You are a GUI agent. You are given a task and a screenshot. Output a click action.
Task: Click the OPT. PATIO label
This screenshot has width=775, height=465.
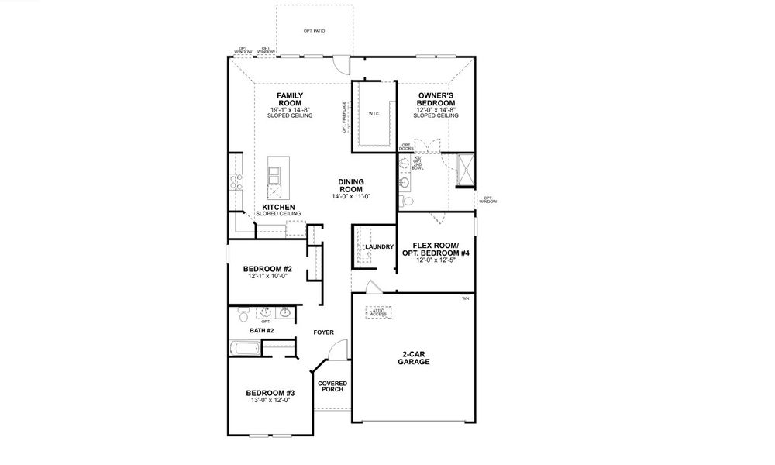314,30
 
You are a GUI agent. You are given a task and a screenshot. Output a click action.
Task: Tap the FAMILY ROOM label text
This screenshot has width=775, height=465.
291,98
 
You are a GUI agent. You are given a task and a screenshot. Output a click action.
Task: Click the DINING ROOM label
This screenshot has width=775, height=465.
352,186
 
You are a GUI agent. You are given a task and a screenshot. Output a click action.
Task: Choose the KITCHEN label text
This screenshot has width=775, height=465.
278,208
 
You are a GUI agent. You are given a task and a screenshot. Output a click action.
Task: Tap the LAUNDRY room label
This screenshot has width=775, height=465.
380,247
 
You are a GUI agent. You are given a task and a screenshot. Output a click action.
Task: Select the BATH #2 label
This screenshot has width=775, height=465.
260,331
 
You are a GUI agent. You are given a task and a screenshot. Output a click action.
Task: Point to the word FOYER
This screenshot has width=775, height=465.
323,332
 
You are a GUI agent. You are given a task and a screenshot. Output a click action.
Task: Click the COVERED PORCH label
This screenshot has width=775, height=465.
332,387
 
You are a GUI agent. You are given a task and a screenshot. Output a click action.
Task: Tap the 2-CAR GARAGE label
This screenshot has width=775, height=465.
414,357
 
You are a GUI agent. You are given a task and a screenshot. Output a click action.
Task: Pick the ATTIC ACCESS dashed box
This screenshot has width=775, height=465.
377,312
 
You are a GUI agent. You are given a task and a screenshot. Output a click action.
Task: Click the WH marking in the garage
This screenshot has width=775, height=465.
465,298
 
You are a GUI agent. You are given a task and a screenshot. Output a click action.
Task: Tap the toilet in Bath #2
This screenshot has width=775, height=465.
243,315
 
